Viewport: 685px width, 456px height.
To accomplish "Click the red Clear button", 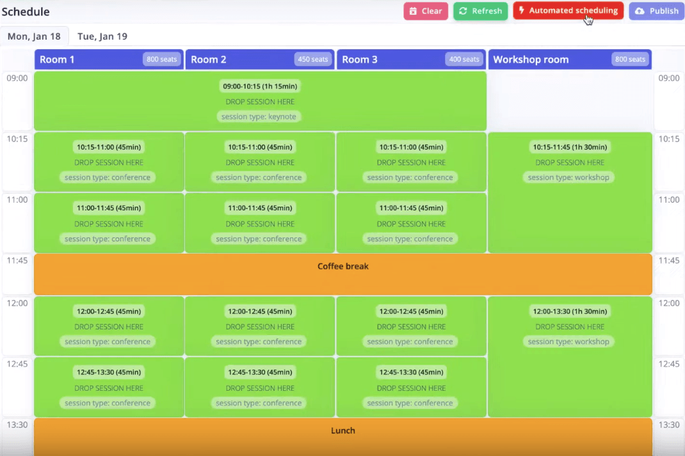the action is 426,11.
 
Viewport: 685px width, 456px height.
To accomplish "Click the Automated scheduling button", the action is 568,10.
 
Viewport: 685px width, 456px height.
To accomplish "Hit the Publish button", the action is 657,11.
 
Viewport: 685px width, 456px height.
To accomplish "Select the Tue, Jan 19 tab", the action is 102,36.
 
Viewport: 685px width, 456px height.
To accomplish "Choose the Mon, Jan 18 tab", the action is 34,36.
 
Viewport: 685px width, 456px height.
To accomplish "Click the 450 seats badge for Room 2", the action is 313,59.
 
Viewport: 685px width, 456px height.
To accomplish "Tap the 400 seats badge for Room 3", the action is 464,59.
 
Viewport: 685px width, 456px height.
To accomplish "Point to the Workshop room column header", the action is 570,59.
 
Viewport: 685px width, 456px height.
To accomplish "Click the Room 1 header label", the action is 57,59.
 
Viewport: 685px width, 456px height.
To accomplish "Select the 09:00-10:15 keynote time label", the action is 260,86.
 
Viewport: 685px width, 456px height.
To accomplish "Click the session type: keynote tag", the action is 259,116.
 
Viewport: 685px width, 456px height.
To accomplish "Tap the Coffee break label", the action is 343,266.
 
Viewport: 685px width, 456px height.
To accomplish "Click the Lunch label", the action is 343,430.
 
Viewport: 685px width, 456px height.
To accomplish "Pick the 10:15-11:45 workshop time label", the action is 570,147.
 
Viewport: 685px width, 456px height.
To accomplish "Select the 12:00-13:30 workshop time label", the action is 570,311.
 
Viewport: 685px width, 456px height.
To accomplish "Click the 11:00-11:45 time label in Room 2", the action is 260,208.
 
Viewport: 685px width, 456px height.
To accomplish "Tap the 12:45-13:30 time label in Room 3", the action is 411,372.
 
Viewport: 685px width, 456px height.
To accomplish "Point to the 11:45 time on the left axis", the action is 17,260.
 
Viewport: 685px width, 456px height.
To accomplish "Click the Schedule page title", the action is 26,12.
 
